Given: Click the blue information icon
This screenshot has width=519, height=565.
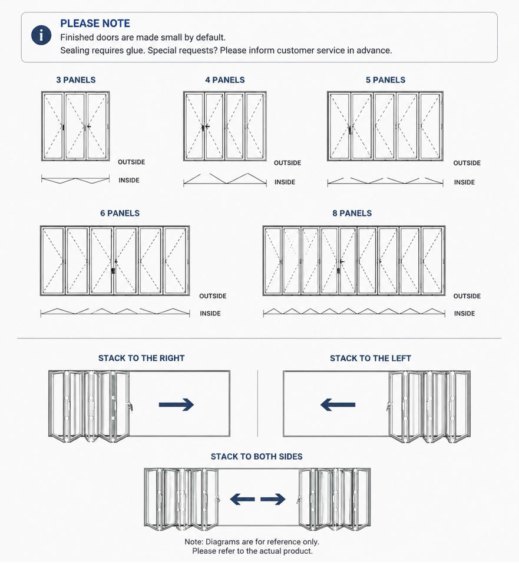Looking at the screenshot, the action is pos(41,35).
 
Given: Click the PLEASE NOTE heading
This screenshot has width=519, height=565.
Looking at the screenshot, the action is pos(95,24).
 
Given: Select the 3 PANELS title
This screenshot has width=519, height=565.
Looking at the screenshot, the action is pos(76,80).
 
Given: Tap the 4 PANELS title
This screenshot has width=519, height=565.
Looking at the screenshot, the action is pos(224,80).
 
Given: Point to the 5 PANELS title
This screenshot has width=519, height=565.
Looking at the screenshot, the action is pos(385,80).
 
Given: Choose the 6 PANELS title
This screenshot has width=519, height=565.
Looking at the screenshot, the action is pos(120,213).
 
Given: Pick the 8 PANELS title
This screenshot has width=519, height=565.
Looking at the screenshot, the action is pos(352,213).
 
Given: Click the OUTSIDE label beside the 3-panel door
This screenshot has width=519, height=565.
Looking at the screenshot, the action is pos(131,162).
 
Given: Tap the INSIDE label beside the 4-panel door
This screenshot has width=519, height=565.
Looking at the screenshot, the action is pos(285,182).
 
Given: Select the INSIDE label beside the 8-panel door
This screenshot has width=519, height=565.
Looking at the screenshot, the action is pos(464,314).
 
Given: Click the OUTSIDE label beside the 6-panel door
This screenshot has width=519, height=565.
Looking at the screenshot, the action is pos(213,296).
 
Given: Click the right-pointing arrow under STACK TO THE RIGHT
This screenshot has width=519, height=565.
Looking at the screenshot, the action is pos(176,405).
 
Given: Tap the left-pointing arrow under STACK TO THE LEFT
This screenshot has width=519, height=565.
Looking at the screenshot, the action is pos(338,405).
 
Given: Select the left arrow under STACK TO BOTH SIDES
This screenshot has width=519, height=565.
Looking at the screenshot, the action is pos(242,499).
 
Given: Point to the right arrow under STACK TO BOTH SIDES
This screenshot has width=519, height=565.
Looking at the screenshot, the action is pos(273,499).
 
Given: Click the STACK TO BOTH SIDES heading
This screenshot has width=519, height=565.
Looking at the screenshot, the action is pos(256,457).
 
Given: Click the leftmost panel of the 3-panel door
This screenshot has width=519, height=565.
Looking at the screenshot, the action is pos(53,126).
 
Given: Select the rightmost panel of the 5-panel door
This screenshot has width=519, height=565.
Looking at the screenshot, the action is pos(430,126).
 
